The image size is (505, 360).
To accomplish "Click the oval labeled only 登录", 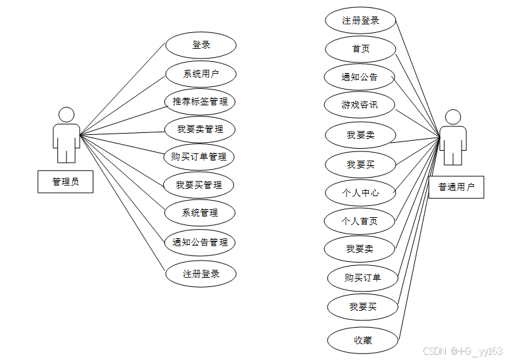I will pyautogui.click(x=201, y=45).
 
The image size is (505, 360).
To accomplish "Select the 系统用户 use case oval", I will pyautogui.click(x=201, y=74).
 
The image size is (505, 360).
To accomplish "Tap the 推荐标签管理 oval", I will pyautogui.click(x=201, y=101).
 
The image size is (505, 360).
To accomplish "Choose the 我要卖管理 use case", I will pyautogui.click(x=201, y=129).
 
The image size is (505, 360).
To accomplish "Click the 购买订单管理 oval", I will pyautogui.click(x=199, y=157).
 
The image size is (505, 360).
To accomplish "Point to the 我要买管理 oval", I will pyautogui.click(x=199, y=185).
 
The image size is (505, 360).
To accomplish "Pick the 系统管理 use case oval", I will pyautogui.click(x=200, y=213).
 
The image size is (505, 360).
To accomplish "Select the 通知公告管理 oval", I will pyautogui.click(x=200, y=242).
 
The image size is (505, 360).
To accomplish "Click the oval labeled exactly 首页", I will pyautogui.click(x=360, y=49).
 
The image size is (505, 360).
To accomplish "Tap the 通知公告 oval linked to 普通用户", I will pyautogui.click(x=360, y=77).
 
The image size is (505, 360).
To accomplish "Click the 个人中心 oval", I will pyautogui.click(x=360, y=193).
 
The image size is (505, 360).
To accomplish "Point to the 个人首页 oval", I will pyautogui.click(x=360, y=221).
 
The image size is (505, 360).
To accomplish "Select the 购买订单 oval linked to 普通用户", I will pyautogui.click(x=362, y=278).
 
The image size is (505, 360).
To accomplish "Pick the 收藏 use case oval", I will pyautogui.click(x=363, y=340).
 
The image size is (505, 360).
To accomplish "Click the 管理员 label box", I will pyautogui.click(x=65, y=182).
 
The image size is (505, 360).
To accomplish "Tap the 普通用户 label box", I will pyautogui.click(x=456, y=187).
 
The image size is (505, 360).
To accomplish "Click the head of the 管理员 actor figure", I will pyautogui.click(x=66, y=115).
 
